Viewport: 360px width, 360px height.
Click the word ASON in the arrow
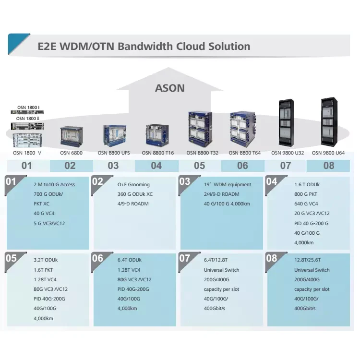coord(169,88)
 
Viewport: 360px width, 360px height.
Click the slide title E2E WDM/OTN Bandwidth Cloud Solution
coord(144,47)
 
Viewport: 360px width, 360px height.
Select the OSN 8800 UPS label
coord(114,153)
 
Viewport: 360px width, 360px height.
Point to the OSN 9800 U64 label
coord(328,153)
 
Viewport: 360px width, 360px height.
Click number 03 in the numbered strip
coord(113,166)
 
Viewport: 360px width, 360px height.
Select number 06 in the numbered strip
coord(242,166)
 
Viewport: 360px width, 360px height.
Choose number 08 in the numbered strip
coord(329,166)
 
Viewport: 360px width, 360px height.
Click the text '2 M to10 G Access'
coord(54,184)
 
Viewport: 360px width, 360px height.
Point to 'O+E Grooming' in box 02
coord(133,184)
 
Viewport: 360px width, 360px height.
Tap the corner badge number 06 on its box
coord(97,258)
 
